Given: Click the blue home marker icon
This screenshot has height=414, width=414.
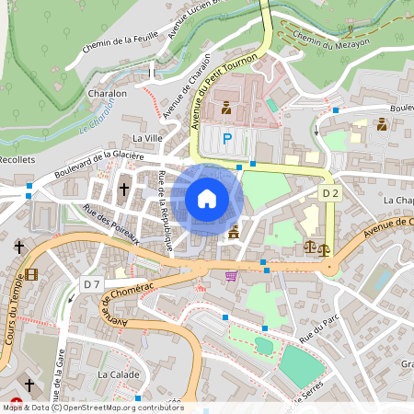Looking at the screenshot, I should tap(207, 199).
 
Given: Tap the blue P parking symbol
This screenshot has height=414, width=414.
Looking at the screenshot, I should tap(227, 138).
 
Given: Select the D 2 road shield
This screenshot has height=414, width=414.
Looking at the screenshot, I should tap(331, 193).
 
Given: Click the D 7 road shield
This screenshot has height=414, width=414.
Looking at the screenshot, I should tap(90, 283).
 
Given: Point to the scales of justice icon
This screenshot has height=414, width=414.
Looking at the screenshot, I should tap(313, 247).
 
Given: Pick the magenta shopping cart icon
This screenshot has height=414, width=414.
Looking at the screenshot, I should tap(231, 274).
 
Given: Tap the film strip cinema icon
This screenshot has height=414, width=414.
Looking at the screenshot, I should tap(32, 274).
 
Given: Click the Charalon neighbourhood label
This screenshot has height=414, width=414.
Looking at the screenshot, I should tap(107, 94).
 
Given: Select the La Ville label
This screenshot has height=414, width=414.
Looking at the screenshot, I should tap(147, 137).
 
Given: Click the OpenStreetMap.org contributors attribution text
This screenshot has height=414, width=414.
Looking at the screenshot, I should tap(124, 408).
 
